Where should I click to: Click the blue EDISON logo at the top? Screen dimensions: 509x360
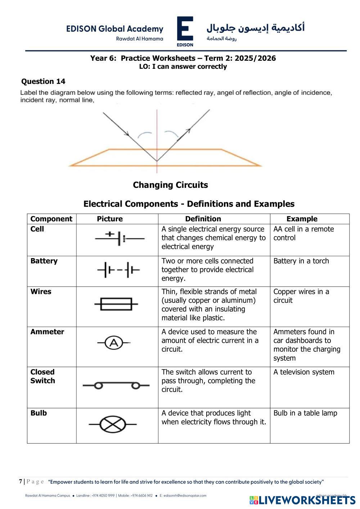click(x=185, y=31)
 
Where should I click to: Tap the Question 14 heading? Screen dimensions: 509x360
click(x=43, y=81)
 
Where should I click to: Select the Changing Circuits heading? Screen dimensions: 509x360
click(x=170, y=185)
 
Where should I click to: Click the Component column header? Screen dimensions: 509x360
click(x=51, y=219)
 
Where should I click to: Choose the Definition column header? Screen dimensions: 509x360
click(x=203, y=219)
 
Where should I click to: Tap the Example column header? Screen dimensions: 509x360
click(x=302, y=219)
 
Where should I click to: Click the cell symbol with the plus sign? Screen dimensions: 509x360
click(x=119, y=238)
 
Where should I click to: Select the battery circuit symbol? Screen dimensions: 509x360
click(x=118, y=269)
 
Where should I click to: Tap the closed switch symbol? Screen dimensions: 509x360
click(x=116, y=386)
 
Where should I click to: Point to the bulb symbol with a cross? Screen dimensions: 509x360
click(x=112, y=424)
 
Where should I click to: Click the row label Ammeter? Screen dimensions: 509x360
click(x=47, y=332)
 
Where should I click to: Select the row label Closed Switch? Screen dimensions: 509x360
click(x=42, y=377)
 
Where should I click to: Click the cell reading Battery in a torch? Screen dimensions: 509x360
click(x=301, y=261)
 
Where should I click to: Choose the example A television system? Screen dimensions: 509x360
click(x=304, y=372)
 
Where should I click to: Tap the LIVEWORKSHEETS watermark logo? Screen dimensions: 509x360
click(x=302, y=500)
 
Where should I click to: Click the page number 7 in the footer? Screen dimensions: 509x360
click(x=21, y=481)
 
